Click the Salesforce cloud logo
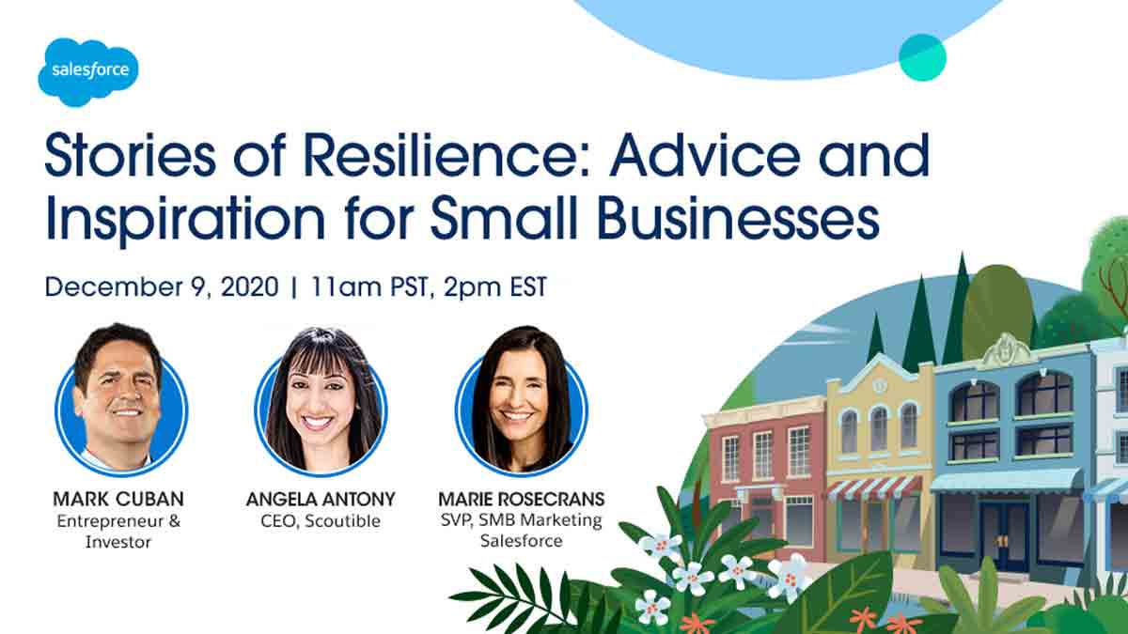[88, 72]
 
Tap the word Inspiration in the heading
[185, 221]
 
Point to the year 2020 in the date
[250, 286]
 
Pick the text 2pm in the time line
[472, 287]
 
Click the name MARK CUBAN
[118, 499]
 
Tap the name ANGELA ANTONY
[321, 499]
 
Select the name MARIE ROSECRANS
[521, 499]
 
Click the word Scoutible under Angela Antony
[342, 520]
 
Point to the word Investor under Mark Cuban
[118, 542]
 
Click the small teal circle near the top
[922, 57]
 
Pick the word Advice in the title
[705, 155]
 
